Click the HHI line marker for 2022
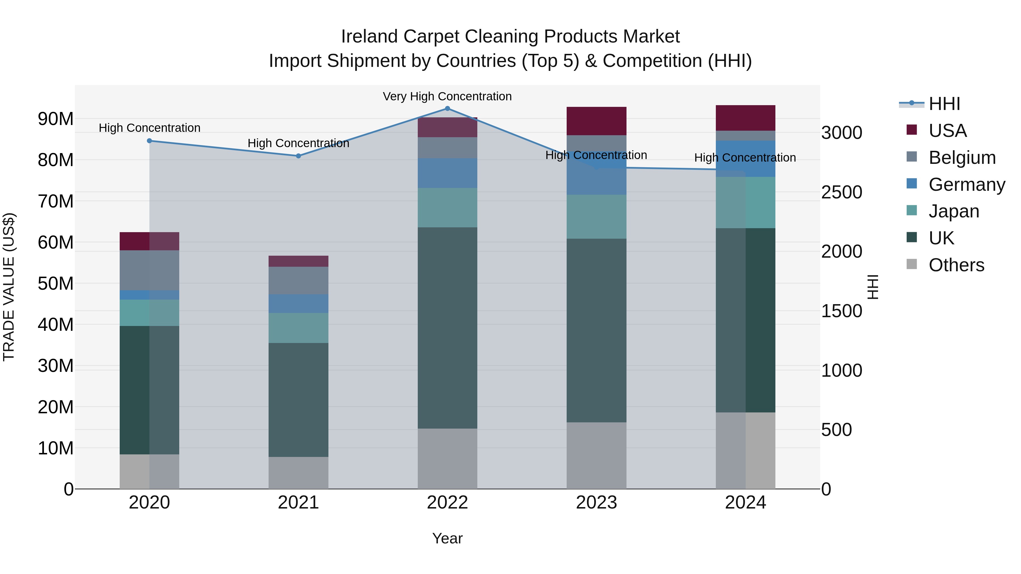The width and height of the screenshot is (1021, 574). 448,109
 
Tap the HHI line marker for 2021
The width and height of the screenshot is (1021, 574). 298,156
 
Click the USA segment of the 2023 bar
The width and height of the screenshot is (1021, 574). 596,121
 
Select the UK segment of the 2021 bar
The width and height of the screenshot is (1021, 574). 298,400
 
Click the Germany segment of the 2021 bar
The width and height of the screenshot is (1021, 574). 298,304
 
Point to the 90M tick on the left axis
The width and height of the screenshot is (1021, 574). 56,119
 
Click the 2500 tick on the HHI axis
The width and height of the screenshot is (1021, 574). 841,192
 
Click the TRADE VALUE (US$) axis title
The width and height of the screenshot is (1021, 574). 9,287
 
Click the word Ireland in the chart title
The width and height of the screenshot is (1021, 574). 369,37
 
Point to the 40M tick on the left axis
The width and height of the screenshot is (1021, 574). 56,325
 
